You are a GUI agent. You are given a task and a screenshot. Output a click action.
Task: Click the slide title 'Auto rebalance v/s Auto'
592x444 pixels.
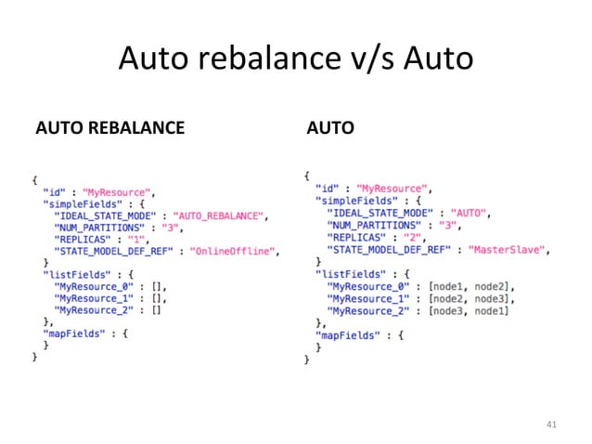click(x=295, y=59)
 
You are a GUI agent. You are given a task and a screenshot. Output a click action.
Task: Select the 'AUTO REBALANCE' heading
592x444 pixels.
click(x=109, y=127)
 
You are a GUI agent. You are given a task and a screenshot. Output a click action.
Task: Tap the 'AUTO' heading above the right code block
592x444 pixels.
click(x=329, y=127)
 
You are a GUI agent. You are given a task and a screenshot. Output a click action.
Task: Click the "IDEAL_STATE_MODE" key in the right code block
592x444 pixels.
click(x=380, y=214)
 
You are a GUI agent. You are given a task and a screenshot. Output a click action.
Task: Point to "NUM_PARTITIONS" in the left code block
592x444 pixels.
click(x=99, y=228)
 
